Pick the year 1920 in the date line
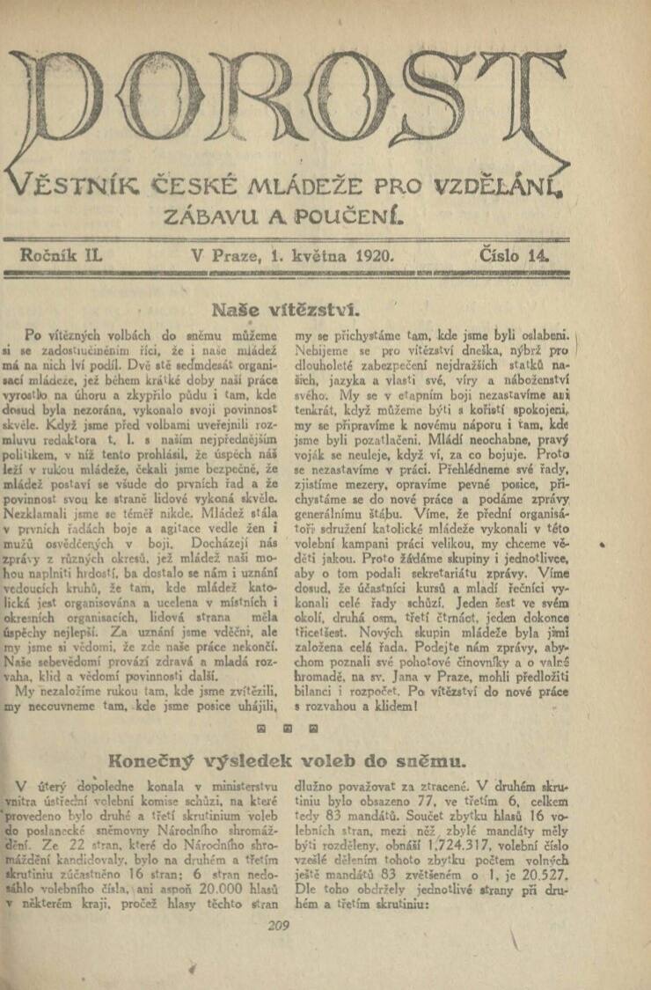[x=373, y=256]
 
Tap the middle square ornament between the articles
[x=287, y=729]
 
